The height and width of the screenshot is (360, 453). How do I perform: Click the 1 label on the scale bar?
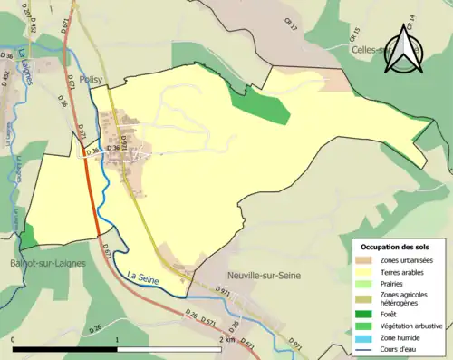pos(118,339)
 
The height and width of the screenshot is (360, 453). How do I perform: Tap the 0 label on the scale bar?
pos(14,339)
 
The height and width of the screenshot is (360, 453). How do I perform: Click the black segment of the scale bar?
pos(65,349)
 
